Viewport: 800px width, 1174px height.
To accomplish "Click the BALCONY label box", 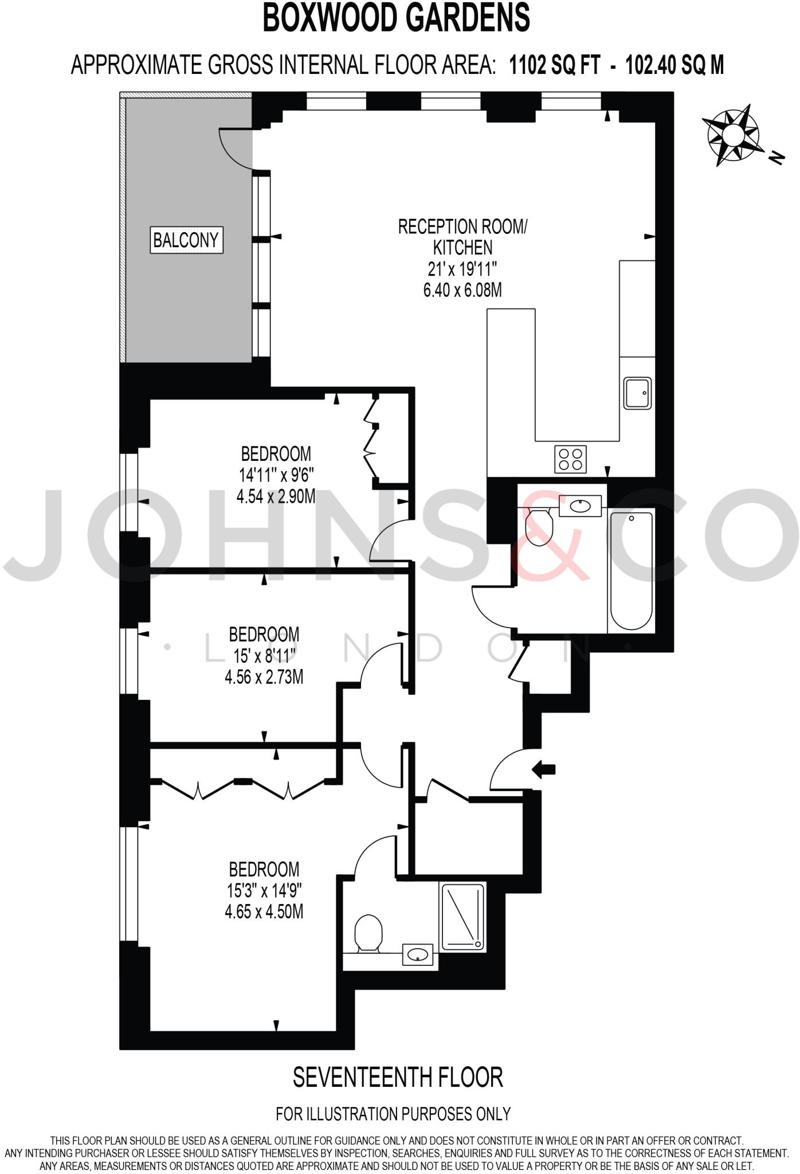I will point(186,240).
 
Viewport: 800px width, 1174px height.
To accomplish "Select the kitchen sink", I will point(637,393).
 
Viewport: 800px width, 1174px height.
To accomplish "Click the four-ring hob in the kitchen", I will point(570,459).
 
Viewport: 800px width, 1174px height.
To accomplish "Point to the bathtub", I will point(631,571).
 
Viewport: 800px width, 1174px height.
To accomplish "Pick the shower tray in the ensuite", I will point(462,917).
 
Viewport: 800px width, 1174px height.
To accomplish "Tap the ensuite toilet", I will point(368,934).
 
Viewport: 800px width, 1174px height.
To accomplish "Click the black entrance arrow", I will point(544,769).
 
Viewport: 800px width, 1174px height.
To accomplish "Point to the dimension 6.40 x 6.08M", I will point(462,290).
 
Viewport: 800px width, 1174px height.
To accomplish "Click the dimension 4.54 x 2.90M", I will point(276,496).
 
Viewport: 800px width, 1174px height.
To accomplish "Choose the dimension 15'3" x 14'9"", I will point(264,891).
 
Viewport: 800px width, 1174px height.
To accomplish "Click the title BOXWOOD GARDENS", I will point(396,18).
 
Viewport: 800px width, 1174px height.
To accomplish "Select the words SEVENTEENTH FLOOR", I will point(398,1077).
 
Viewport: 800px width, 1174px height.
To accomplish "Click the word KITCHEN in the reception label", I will point(462,248).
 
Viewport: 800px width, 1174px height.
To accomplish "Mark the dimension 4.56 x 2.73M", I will point(264,677).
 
